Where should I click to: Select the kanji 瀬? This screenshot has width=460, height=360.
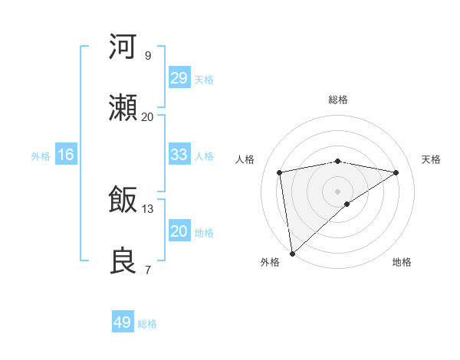[x=123, y=109]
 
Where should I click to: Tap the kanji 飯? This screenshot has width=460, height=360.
[x=123, y=201]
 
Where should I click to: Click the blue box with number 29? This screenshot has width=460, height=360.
[x=179, y=77]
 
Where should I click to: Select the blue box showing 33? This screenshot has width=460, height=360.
[x=179, y=155]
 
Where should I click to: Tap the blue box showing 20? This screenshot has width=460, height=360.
[x=179, y=231]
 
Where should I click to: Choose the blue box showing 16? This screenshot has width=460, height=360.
[x=66, y=155]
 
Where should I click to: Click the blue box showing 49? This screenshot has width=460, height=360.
[x=123, y=322]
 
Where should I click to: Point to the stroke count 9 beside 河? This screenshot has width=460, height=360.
[x=148, y=55]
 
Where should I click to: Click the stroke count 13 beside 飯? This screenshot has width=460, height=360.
[x=148, y=208]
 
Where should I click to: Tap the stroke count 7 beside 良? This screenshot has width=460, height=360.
[x=148, y=270]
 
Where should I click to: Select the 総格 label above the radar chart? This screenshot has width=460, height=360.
[x=338, y=100]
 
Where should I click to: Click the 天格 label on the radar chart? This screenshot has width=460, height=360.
[x=432, y=159]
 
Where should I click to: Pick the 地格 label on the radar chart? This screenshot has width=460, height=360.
[x=402, y=262]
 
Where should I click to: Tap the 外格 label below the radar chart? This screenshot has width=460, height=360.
[x=270, y=262]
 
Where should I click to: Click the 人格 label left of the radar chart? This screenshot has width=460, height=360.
[x=245, y=159]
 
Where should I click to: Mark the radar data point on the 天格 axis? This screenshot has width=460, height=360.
[x=396, y=172]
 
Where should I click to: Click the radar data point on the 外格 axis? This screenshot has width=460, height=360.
[x=292, y=253]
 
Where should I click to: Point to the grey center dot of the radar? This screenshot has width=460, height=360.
[x=338, y=191]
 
